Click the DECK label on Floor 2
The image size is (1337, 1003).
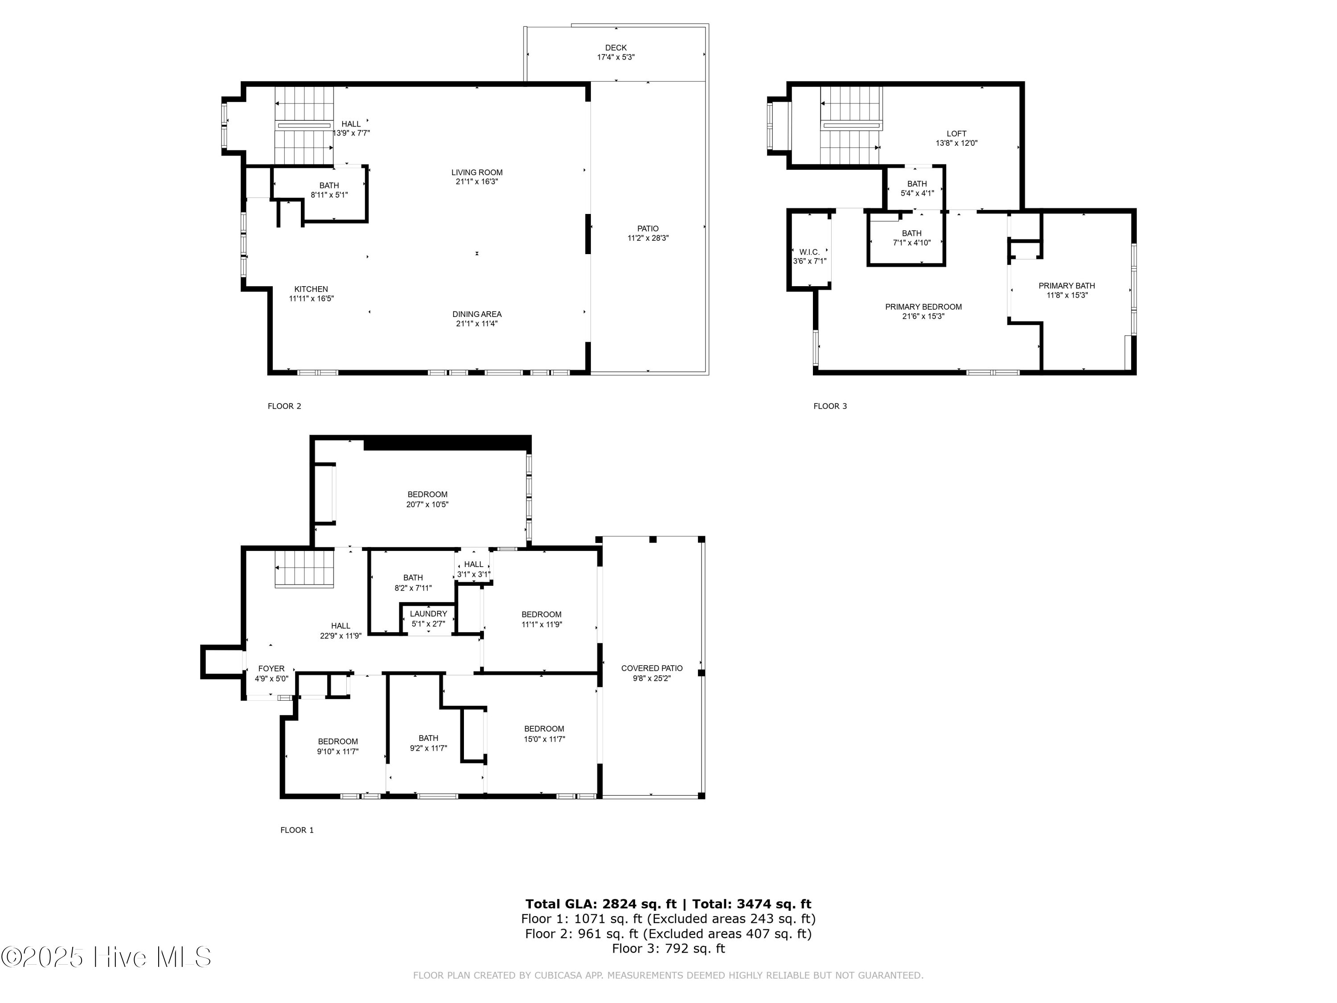click(x=616, y=48)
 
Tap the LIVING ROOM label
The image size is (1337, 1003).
click(x=477, y=173)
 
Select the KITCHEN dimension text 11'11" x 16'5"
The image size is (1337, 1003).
click(x=311, y=299)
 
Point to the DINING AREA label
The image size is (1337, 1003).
click(x=477, y=314)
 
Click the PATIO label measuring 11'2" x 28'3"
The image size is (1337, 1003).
click(x=648, y=229)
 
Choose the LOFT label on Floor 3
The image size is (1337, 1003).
click(x=957, y=134)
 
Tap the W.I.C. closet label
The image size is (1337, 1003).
click(x=810, y=252)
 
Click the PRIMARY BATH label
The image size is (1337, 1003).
click(x=1067, y=286)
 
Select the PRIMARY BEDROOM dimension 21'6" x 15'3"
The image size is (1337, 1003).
click(x=923, y=316)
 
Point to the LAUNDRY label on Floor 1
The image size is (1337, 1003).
click(x=429, y=614)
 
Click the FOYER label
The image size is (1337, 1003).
click(x=271, y=669)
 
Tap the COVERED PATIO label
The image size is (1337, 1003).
click(x=652, y=668)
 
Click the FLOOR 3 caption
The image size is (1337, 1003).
click(x=830, y=406)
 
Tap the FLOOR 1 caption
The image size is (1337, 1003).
click(x=297, y=830)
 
